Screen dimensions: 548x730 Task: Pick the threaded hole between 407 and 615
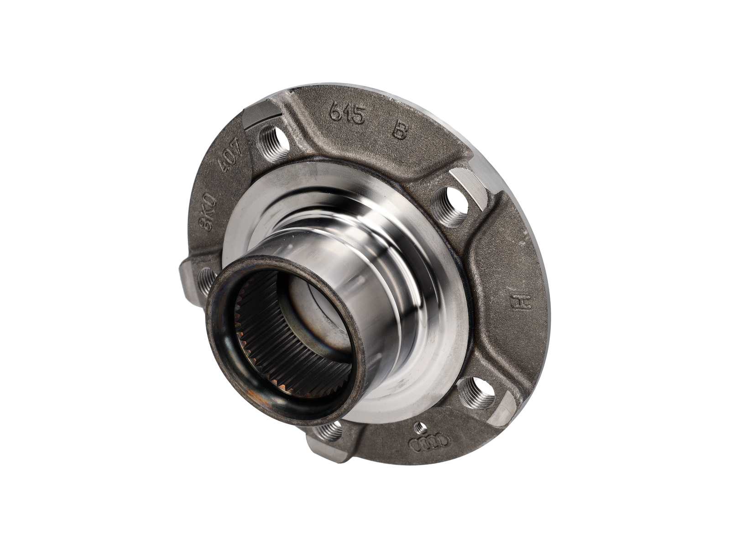coord(274,142)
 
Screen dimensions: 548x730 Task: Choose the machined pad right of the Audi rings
coord(504,410)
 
